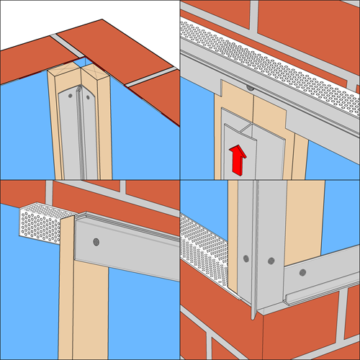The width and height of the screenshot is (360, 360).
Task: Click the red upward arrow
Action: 236,158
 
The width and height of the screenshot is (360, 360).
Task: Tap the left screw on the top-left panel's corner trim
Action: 69,94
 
